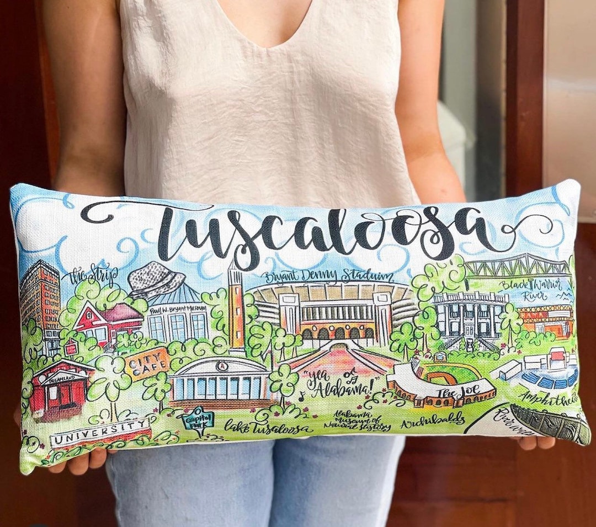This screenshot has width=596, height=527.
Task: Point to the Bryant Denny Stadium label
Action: [x=329, y=276]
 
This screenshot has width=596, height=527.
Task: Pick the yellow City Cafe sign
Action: [x=147, y=363]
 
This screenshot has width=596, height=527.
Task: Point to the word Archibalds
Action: [x=433, y=422]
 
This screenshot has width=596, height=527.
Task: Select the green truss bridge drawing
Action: [x=517, y=267]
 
